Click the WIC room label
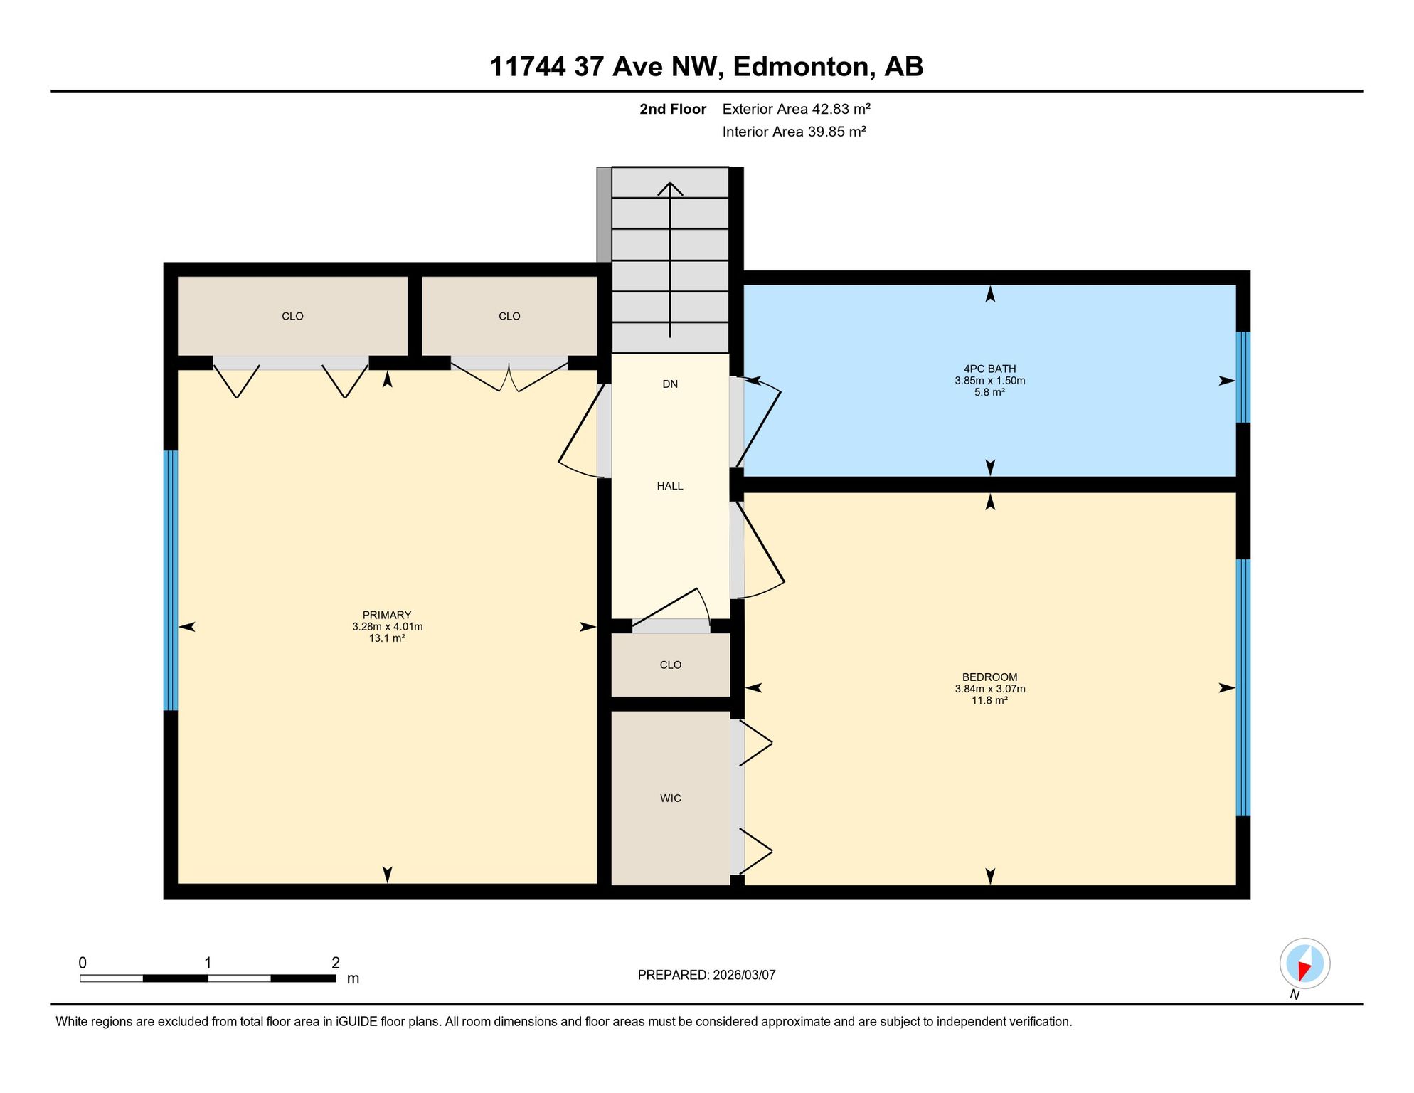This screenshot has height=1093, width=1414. (x=670, y=798)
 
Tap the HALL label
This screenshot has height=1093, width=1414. (x=670, y=486)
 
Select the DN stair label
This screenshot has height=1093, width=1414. (x=670, y=384)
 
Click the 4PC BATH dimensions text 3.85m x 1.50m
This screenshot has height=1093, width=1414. (x=989, y=381)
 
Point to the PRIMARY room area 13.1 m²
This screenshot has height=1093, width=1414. (x=387, y=638)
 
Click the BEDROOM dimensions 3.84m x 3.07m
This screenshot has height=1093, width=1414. (x=989, y=689)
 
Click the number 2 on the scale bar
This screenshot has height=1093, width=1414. (x=336, y=963)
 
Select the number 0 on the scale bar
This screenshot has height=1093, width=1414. (x=83, y=963)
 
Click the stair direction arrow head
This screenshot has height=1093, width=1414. (x=670, y=189)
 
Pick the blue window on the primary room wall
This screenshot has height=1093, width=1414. (x=171, y=581)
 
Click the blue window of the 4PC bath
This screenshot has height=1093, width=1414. (x=1243, y=377)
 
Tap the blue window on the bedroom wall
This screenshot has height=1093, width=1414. (x=1243, y=687)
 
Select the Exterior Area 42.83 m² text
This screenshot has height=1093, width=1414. (x=796, y=109)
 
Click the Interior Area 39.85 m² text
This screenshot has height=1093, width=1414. (x=794, y=132)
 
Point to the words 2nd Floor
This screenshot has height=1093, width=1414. (x=673, y=109)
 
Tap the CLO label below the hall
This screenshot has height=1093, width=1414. (x=670, y=665)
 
